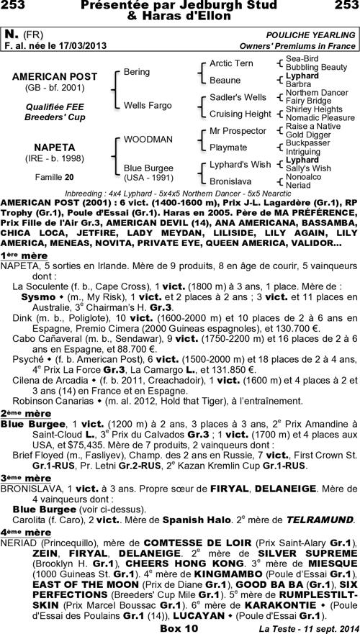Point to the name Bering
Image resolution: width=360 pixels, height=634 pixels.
(137, 72)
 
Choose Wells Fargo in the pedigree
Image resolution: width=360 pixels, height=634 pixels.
(147, 105)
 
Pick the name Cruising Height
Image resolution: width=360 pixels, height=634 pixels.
(240, 114)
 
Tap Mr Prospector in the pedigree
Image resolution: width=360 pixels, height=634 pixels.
(237, 131)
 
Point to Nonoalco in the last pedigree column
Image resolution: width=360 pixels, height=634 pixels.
(304, 176)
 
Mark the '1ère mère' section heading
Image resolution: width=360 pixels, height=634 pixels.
(19, 235)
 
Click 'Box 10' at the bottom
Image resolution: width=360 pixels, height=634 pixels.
(180, 628)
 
